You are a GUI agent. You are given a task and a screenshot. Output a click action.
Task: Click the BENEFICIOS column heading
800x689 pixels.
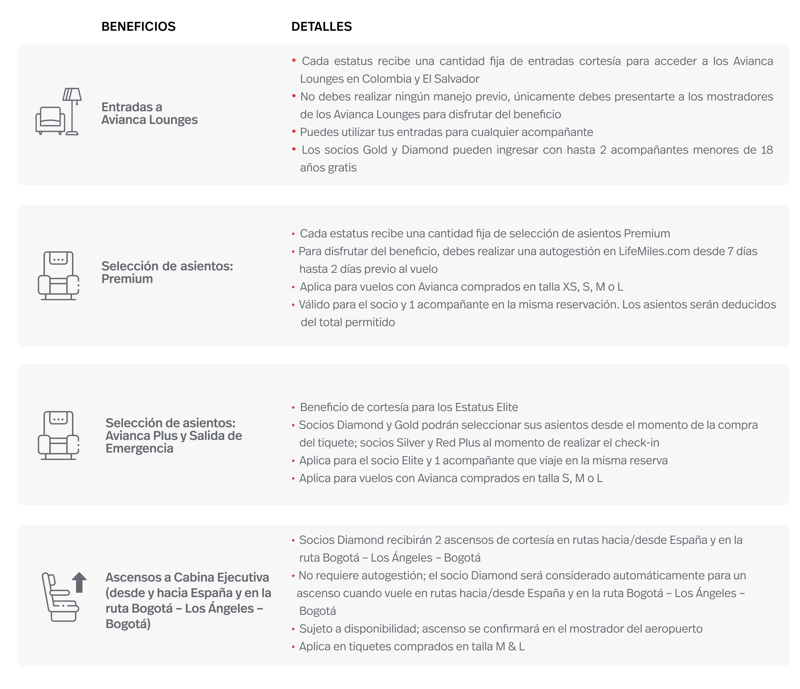138,27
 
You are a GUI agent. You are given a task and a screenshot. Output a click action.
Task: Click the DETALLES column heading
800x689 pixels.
321,27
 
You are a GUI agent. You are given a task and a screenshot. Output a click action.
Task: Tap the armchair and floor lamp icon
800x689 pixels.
59,112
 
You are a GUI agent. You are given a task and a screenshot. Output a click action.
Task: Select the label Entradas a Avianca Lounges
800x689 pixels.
149,113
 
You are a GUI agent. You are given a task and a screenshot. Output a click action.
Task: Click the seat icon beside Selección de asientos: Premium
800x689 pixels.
59,276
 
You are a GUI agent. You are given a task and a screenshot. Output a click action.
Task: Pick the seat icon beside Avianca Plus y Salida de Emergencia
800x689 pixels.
59,435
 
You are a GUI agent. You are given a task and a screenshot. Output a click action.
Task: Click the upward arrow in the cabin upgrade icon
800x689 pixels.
80,582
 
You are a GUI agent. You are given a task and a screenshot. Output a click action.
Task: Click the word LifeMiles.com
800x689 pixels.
654,251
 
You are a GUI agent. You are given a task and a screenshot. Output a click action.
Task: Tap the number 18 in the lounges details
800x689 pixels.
766,150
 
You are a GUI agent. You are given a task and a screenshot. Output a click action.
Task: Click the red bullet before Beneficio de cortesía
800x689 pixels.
293,408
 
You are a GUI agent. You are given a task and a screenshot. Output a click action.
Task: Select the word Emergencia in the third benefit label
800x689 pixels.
140,448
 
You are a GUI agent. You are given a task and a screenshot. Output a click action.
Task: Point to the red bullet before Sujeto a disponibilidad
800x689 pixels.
293,629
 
